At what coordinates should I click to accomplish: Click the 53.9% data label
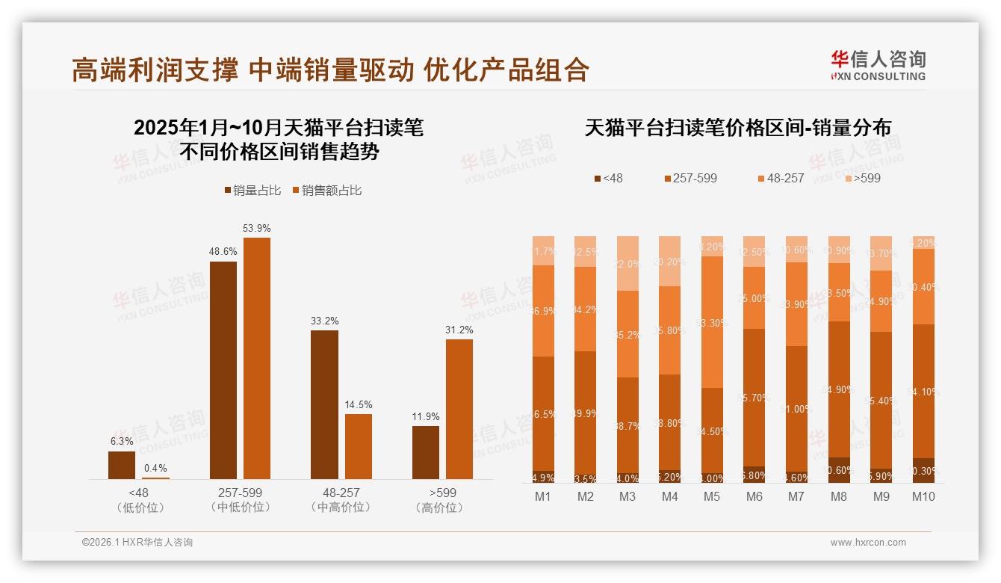point(256,228)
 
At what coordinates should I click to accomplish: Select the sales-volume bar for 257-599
point(223,370)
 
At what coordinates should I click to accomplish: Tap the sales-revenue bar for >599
point(459,409)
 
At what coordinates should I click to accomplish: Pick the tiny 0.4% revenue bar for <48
point(155,478)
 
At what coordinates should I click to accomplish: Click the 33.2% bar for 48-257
point(324,404)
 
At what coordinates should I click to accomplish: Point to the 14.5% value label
point(358,404)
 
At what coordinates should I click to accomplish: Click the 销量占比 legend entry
point(252,191)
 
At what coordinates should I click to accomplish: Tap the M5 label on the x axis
point(712,497)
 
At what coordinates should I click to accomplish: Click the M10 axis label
point(923,497)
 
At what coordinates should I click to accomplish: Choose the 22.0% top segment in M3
point(627,264)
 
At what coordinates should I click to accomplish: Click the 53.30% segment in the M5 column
point(712,322)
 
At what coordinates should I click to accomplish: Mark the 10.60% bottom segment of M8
point(839,470)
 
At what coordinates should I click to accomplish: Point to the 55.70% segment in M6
point(754,398)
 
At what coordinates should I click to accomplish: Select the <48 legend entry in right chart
point(608,178)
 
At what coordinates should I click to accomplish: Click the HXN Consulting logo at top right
point(878,65)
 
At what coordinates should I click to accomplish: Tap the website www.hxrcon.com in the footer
point(868,543)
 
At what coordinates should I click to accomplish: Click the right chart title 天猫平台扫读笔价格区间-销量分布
point(737,128)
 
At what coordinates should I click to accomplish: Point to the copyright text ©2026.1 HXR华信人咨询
point(137,543)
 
